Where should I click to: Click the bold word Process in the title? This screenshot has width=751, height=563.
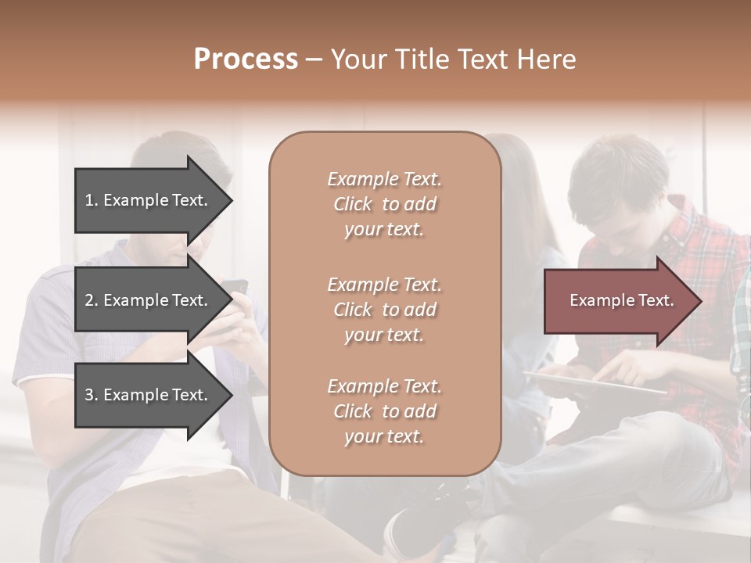coord(246,59)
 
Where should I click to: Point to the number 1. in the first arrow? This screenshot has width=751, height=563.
coord(92,200)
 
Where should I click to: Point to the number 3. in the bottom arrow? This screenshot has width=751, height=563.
coord(92,395)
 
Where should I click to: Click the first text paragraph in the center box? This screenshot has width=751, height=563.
coord(384,204)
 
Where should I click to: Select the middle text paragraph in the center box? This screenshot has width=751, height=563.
coord(384,309)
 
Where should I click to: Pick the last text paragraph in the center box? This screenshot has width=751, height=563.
coord(384,411)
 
